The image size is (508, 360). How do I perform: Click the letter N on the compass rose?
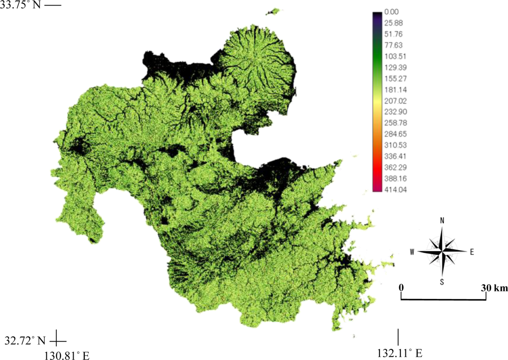point(442,221)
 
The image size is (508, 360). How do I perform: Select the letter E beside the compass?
point(471,251)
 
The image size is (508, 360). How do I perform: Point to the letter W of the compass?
point(413,251)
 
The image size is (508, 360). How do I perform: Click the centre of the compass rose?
point(443,251)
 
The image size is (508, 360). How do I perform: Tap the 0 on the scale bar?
point(401,288)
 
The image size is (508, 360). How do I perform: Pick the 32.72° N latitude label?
point(25,339)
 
